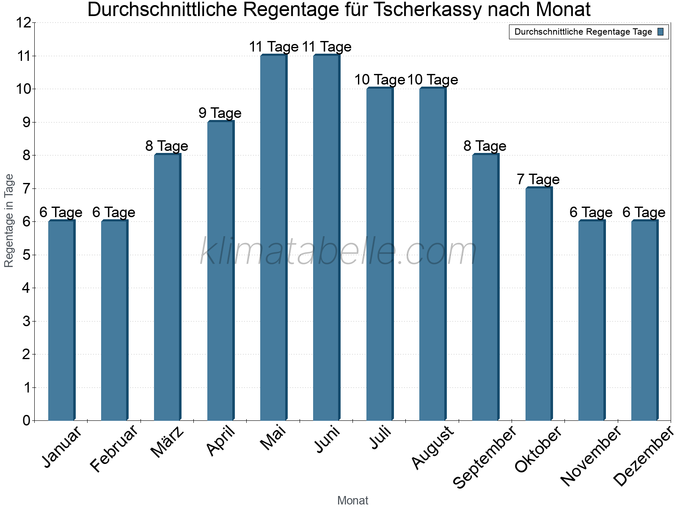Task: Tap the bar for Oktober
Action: [539, 304]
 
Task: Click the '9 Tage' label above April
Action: [220, 113]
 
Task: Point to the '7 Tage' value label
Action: [538, 179]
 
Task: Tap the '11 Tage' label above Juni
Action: [327, 46]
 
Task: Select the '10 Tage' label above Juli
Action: [380, 79]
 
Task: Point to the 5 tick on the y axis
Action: [26, 255]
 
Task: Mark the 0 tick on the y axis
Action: [26, 420]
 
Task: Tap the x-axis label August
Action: [432, 448]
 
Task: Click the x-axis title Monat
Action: [352, 500]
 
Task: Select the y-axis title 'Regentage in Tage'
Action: [9, 221]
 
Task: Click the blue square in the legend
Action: [660, 32]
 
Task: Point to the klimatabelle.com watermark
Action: [338, 252]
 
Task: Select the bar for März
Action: [168, 287]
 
